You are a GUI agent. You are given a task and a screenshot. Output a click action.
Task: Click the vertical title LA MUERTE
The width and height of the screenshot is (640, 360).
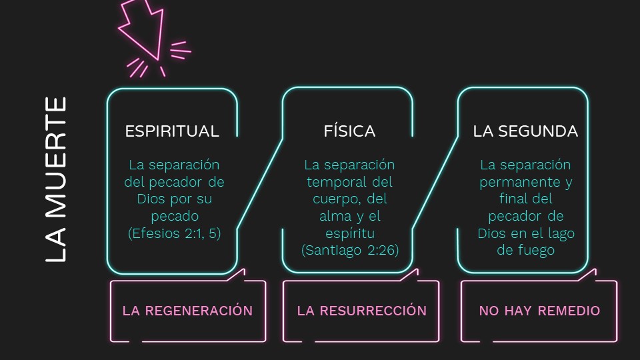(56, 179)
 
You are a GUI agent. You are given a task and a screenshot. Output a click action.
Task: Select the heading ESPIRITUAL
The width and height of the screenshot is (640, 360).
(172, 131)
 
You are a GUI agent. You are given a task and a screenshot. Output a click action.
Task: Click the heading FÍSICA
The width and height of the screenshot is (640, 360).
(349, 131)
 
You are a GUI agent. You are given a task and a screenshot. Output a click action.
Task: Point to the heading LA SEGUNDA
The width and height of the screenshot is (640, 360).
(525, 131)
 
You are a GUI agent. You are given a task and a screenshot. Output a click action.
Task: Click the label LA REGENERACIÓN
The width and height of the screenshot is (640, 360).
(187, 311)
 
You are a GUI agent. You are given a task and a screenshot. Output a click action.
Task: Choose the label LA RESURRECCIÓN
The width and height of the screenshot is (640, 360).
(361, 311)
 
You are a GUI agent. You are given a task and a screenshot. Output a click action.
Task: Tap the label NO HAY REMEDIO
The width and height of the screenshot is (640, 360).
(539, 311)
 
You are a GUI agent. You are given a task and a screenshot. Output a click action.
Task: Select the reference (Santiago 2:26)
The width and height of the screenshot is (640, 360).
(349, 251)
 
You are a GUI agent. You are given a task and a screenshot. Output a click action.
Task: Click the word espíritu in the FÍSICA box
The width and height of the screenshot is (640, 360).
(349, 233)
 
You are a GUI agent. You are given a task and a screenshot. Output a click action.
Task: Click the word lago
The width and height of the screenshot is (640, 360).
(561, 233)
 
